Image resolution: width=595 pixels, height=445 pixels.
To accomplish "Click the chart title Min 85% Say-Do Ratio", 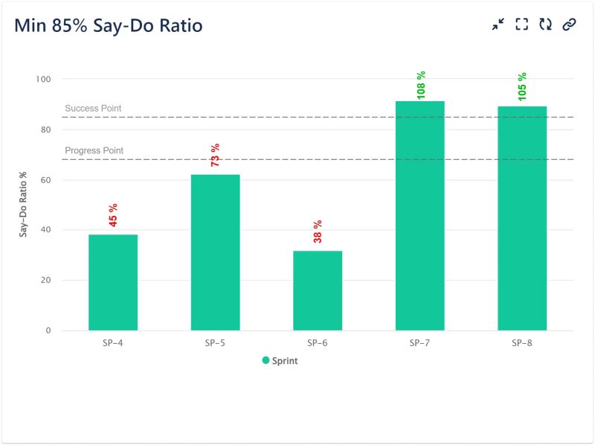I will pyautogui.click(x=109, y=25).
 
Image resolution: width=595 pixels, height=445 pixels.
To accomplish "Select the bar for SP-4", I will pyautogui.click(x=113, y=283).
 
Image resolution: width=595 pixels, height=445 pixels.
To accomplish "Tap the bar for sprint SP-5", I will pyautogui.click(x=215, y=253).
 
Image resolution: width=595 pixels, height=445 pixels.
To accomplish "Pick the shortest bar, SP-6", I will pyautogui.click(x=318, y=291).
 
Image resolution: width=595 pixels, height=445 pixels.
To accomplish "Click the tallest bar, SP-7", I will pyautogui.click(x=419, y=216).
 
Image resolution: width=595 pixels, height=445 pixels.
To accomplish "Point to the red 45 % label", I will pyautogui.click(x=113, y=215).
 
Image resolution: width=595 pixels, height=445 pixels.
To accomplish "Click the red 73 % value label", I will pyautogui.click(x=215, y=155).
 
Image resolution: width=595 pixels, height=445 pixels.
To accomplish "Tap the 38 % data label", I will pyautogui.click(x=318, y=231).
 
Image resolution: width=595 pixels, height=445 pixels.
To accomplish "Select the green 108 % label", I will pyautogui.click(x=420, y=85).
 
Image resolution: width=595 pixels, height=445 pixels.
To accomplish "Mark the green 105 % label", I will pyautogui.click(x=522, y=86).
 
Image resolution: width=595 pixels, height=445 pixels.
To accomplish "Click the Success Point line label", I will pyautogui.click(x=93, y=109).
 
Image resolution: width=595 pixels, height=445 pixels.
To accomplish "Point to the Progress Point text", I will pyautogui.click(x=94, y=151).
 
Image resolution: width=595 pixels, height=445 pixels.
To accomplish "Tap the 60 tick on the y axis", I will pyautogui.click(x=45, y=180).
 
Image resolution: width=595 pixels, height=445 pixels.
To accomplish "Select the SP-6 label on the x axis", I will pyautogui.click(x=318, y=344).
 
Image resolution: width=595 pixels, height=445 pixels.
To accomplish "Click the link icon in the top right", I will pyautogui.click(x=569, y=25).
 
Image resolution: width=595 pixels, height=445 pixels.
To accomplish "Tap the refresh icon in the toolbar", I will pyautogui.click(x=545, y=25).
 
